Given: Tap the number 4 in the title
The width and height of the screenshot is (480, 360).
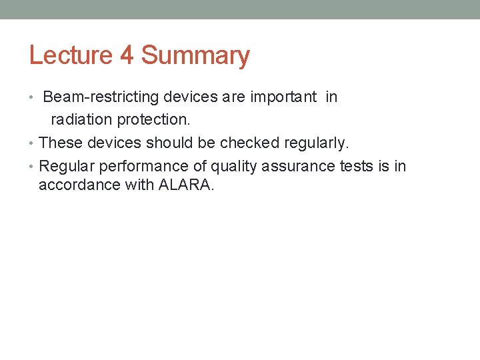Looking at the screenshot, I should pyautogui.click(x=127, y=55).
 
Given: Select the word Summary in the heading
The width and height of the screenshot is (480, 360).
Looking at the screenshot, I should pyautogui.click(x=195, y=55).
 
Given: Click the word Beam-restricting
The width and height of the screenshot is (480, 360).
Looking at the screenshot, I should pyautogui.click(x=101, y=97).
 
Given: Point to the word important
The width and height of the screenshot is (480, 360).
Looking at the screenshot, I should pyautogui.click(x=283, y=97).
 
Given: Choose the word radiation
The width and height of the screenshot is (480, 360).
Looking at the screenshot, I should pyautogui.click(x=82, y=120).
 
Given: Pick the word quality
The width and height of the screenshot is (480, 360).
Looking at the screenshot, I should pyautogui.click(x=233, y=166).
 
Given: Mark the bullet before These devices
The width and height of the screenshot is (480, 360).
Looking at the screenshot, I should pyautogui.click(x=32, y=143).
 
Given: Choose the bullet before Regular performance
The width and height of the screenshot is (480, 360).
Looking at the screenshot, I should pyautogui.click(x=32, y=167).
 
